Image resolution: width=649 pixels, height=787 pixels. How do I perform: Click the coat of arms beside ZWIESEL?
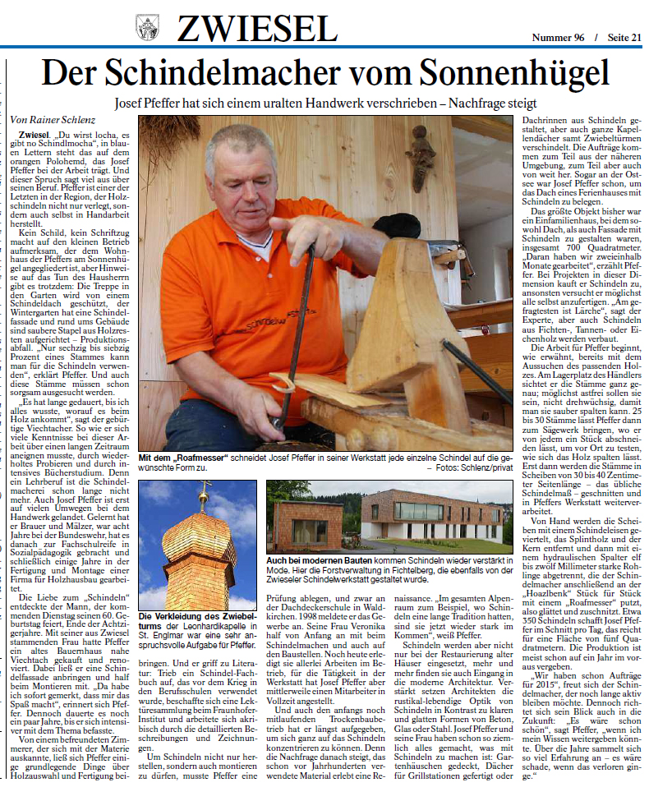[147, 27]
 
